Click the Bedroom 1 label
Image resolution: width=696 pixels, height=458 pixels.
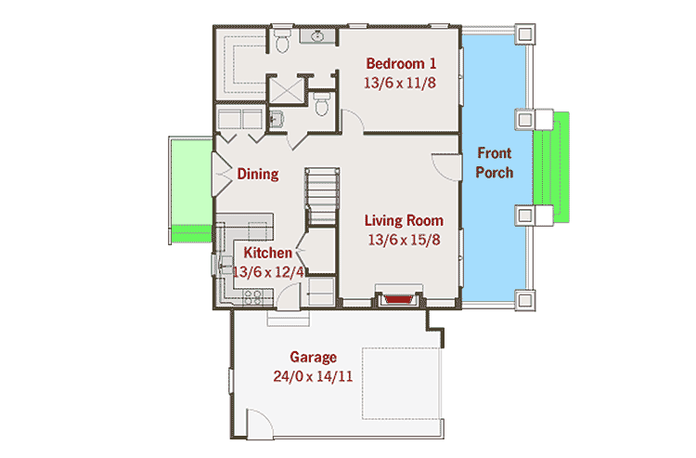401,63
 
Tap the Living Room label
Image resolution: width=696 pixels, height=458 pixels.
403,220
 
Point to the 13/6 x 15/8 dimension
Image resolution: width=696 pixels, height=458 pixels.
403,239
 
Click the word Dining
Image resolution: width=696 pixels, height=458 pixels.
258,174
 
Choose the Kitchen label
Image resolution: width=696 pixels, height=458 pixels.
268,253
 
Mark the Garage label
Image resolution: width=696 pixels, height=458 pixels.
313,357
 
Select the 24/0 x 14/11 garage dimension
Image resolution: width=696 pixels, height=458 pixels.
313,376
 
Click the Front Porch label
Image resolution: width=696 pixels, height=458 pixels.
495,163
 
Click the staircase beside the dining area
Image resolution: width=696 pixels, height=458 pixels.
323,195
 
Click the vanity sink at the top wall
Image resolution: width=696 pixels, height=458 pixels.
319,38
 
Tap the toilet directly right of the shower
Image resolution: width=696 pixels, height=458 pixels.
322,104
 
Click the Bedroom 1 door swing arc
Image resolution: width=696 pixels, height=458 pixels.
353,121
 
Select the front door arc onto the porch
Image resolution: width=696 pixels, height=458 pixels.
447,164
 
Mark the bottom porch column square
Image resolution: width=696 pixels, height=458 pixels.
524,300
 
